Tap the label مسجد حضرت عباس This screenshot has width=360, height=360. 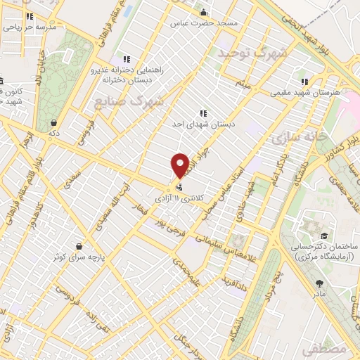pyautogui.click(x=209, y=23)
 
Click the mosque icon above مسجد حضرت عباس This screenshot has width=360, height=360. pyautogui.click(x=204, y=12)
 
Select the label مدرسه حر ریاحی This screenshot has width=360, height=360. pyautogui.click(x=29, y=27)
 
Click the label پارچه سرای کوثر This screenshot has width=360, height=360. pyautogui.click(x=79, y=258)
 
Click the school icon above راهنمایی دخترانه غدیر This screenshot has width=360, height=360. pyautogui.click(x=126, y=60)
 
